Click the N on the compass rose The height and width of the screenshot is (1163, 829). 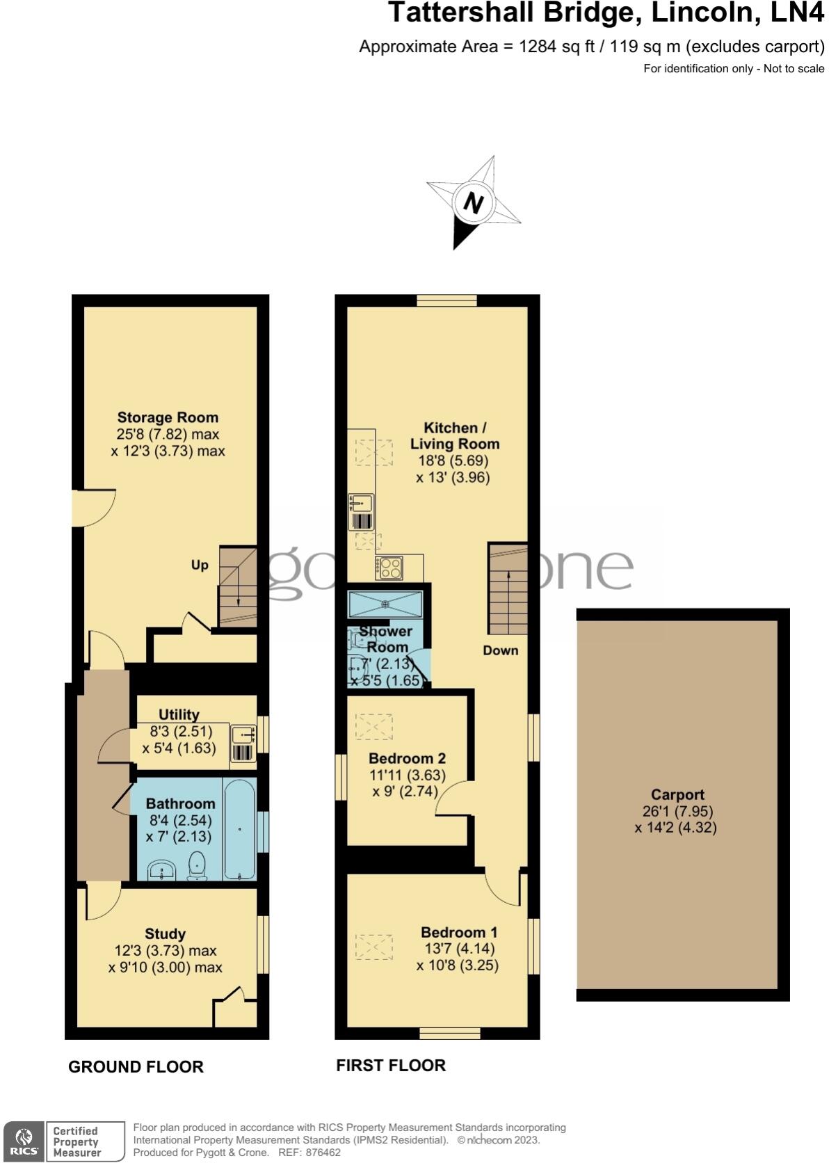tap(474, 204)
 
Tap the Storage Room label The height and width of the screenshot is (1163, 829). tap(168, 417)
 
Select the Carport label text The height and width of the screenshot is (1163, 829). tap(677, 794)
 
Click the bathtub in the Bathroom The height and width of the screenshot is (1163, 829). tap(239, 828)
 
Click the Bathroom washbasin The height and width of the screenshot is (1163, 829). tap(163, 869)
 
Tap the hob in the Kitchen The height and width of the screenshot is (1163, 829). tap(389, 568)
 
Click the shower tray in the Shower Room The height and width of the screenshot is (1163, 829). tap(386, 603)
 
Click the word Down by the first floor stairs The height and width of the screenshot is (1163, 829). tap(501, 650)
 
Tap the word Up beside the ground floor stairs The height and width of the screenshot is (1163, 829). tap(200, 565)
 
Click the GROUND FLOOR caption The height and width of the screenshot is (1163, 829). tap(136, 1066)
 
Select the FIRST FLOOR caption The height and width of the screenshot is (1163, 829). tap(391, 1065)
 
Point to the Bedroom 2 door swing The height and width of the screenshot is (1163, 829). tap(452, 800)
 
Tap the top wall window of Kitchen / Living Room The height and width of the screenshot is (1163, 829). tap(446, 300)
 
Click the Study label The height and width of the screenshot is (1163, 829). tap(165, 933)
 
